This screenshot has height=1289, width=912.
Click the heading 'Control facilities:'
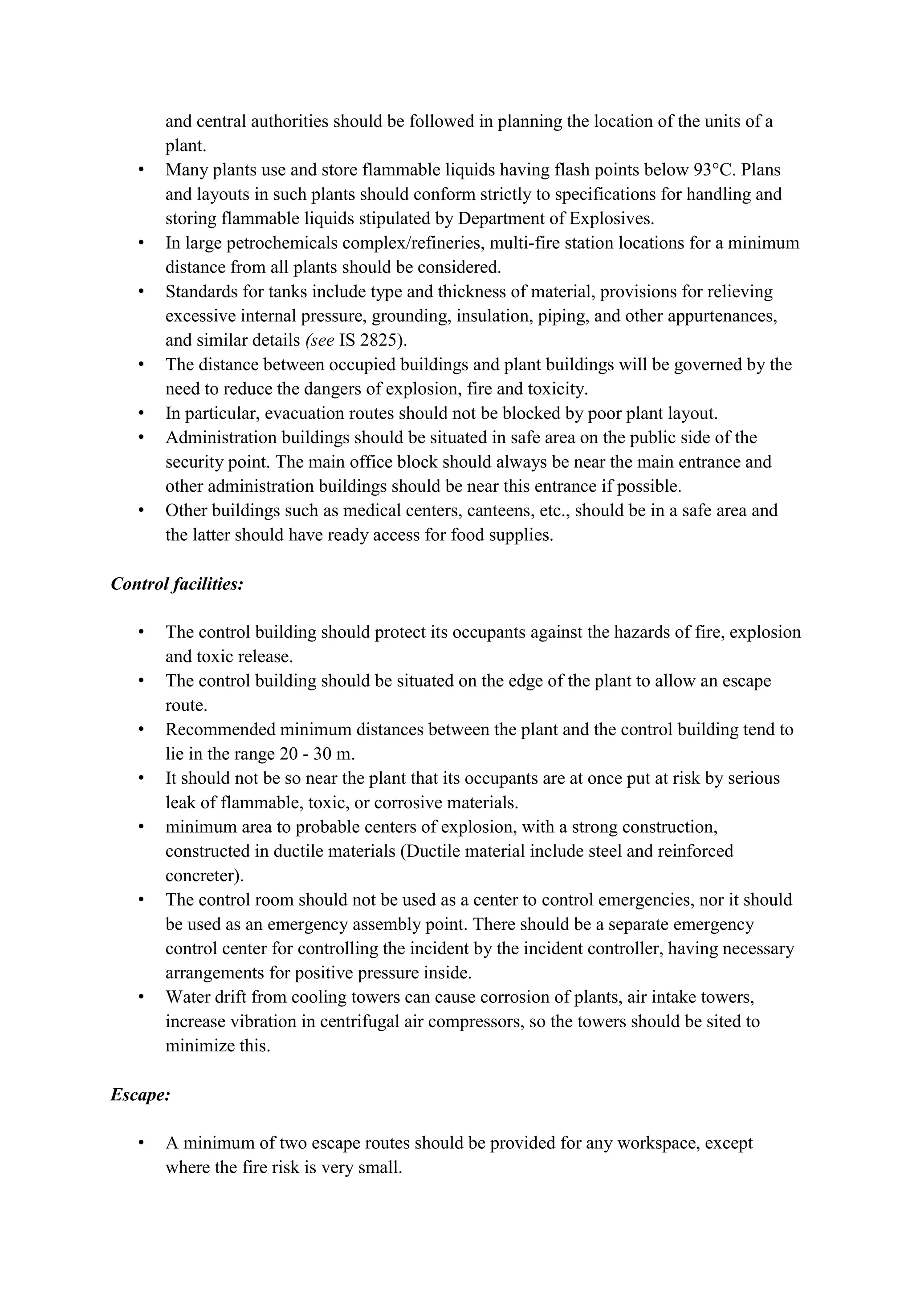pyautogui.click(x=177, y=584)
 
